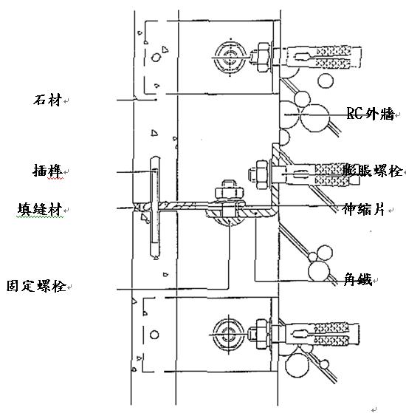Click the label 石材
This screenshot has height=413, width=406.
click(x=47, y=100)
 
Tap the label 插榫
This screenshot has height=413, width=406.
click(x=48, y=171)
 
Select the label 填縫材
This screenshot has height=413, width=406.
click(x=40, y=209)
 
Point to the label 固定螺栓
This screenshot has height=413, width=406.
click(x=36, y=286)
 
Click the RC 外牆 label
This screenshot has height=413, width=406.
click(x=371, y=114)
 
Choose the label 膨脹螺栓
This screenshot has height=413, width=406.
click(x=373, y=170)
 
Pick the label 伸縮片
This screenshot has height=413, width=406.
click(x=363, y=209)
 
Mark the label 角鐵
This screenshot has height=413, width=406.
click(x=358, y=279)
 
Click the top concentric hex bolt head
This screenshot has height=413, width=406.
click(x=230, y=58)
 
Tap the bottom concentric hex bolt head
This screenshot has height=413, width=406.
click(x=228, y=335)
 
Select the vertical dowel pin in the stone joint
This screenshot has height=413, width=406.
click(x=155, y=208)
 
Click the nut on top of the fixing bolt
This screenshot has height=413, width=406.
click(x=229, y=191)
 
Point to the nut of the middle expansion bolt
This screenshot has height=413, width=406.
click(x=261, y=174)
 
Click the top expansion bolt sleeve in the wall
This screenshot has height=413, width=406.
click(x=323, y=57)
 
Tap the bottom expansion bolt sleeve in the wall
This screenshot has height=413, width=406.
click(x=322, y=335)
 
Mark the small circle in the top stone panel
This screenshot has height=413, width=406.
click(x=156, y=57)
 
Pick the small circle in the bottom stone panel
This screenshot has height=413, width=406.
click(x=154, y=335)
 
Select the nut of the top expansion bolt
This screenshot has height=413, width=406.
click(x=264, y=57)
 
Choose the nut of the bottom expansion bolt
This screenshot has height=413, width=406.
click(x=262, y=335)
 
